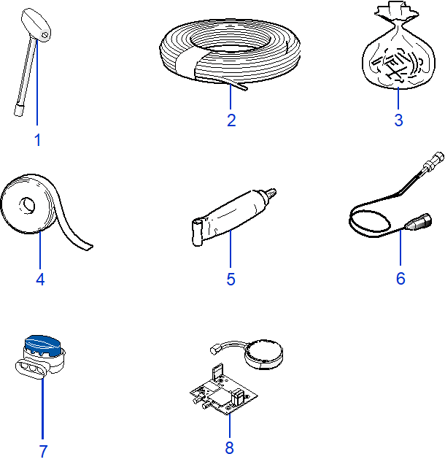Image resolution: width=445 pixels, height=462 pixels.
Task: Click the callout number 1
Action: [x=37, y=140]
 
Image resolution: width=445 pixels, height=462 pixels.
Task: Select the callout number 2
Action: [x=231, y=120]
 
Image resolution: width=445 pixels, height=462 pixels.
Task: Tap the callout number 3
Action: [x=398, y=120]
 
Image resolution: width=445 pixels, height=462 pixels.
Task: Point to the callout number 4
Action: [x=40, y=279]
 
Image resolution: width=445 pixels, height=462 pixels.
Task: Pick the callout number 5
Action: [x=231, y=279]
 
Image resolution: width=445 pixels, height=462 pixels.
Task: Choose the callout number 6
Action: [x=400, y=278]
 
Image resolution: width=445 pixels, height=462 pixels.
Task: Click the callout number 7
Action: [x=43, y=451]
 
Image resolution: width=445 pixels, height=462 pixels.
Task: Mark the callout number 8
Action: [x=229, y=447]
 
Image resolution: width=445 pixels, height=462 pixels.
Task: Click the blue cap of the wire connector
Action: [x=43, y=345]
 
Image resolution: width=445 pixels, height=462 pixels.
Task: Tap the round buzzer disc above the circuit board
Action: [x=263, y=353]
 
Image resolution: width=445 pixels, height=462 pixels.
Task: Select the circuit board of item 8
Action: [x=223, y=395]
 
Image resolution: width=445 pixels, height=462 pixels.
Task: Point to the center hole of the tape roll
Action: [x=27, y=205]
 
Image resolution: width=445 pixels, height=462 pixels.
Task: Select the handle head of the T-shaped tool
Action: [x=36, y=25]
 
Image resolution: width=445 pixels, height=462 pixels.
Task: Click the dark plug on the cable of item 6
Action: [x=419, y=222]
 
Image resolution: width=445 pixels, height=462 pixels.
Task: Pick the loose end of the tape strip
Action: [x=88, y=247]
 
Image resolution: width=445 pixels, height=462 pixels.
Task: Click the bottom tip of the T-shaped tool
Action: [x=18, y=112]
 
